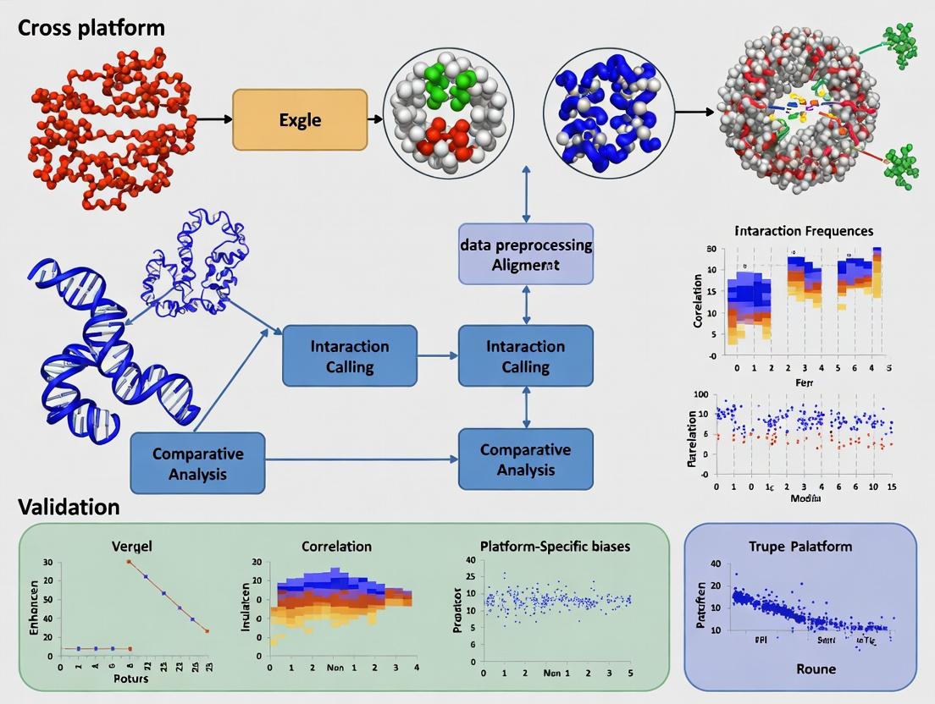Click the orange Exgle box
pyautogui.click(x=300, y=120)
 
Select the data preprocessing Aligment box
pyautogui.click(x=526, y=254)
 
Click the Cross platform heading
pyautogui.click(x=91, y=27)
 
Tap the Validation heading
pyautogui.click(x=69, y=507)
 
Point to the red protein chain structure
pyautogui.click(x=110, y=127)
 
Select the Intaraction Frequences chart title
pyautogui.click(x=804, y=230)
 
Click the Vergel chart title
pyautogui.click(x=132, y=547)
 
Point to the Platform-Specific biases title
pyautogui.click(x=555, y=547)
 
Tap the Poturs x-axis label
pyautogui.click(x=131, y=678)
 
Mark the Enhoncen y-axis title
pyautogui.click(x=35, y=607)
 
